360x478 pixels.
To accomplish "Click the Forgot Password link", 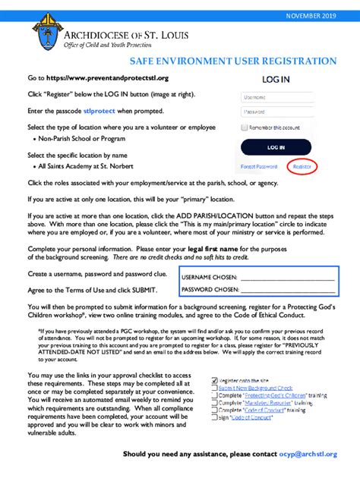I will [259, 166].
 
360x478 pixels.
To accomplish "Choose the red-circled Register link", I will [302, 166].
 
